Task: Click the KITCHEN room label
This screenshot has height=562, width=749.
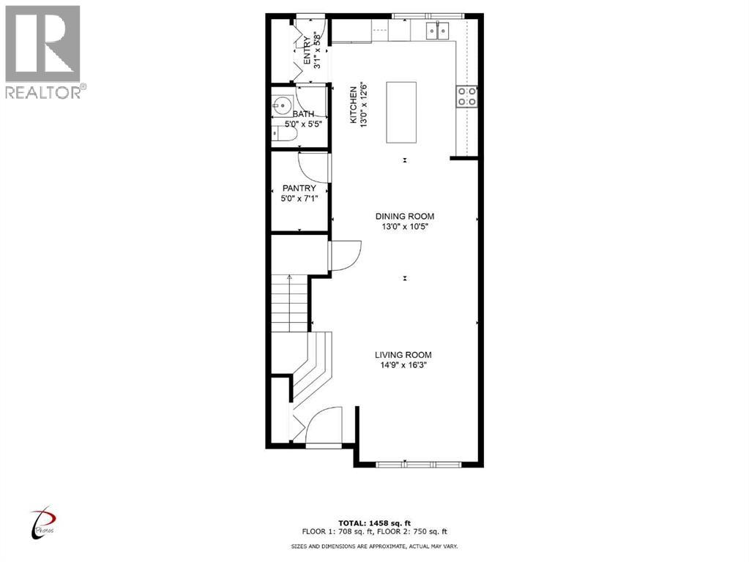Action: [352, 104]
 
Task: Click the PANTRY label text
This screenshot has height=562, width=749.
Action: [299, 188]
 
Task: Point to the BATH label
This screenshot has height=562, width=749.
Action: [303, 114]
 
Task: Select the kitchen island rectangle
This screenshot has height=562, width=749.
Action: [401, 112]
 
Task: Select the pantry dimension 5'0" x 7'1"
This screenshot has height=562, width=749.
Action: [299, 198]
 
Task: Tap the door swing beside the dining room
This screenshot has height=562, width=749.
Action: [343, 257]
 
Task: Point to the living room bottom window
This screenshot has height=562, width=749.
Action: [419, 463]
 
